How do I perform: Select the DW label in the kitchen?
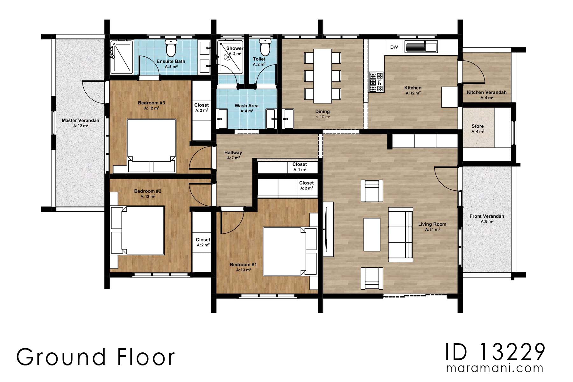(x=394, y=47)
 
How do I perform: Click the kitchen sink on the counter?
(x=421, y=46)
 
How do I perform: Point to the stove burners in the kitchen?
(x=376, y=82)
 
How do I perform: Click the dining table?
(x=322, y=76)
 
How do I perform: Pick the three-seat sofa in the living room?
(x=400, y=235)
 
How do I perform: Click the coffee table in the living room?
(x=372, y=235)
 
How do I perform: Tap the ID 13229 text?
(x=495, y=352)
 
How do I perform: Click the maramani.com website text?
(x=495, y=368)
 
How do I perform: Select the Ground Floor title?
(x=95, y=357)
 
